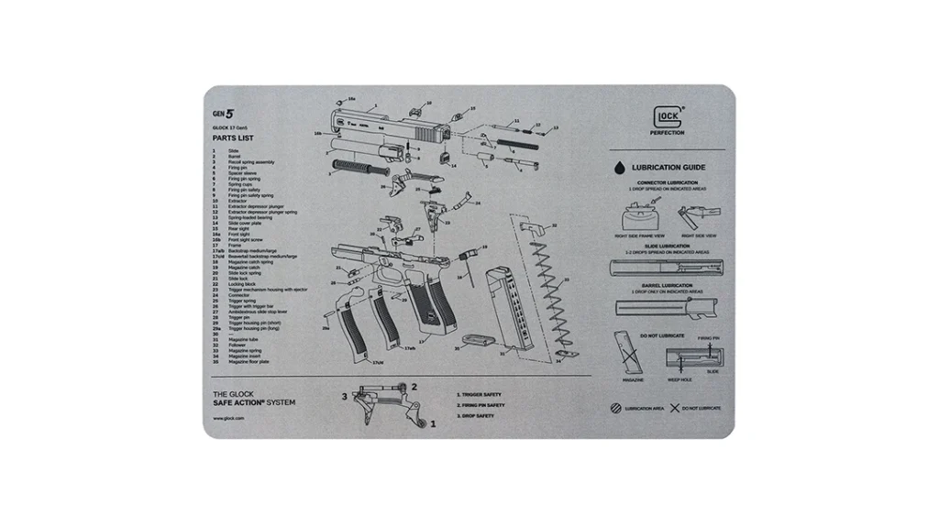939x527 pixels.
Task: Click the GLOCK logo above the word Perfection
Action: (667, 117)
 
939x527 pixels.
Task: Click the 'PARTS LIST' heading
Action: (233, 138)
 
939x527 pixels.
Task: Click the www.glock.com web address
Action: (227, 417)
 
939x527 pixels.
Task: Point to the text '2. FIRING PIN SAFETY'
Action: (481, 405)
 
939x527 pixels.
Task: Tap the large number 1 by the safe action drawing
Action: (433, 424)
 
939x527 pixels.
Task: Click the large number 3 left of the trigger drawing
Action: (344, 396)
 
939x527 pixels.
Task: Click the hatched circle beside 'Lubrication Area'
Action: (615, 407)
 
